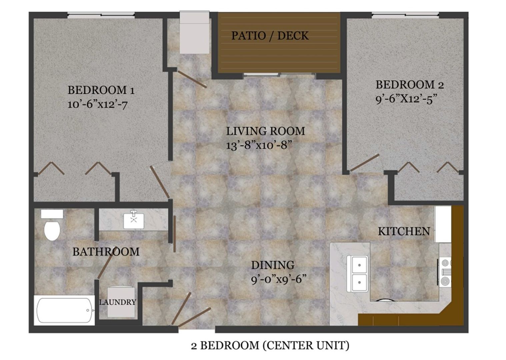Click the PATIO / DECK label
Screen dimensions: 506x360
click(x=270, y=36)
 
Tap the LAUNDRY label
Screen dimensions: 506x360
click(x=118, y=302)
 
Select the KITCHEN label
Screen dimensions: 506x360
click(x=404, y=231)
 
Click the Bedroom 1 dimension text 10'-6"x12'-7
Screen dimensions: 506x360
click(x=98, y=104)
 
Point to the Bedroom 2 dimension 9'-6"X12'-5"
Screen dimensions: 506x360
click(x=406, y=99)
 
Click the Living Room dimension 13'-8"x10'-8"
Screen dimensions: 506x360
click(x=259, y=145)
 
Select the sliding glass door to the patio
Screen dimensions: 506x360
click(x=280, y=75)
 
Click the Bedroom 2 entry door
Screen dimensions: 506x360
click(x=364, y=162)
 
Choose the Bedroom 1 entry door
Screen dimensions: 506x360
click(x=159, y=182)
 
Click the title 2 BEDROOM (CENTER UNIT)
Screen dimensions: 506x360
click(x=270, y=346)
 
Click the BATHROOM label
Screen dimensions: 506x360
click(x=106, y=252)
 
